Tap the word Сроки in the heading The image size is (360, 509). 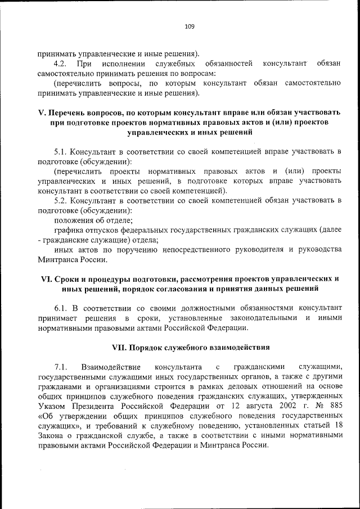point(67,279)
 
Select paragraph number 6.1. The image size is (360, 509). point(61,309)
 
